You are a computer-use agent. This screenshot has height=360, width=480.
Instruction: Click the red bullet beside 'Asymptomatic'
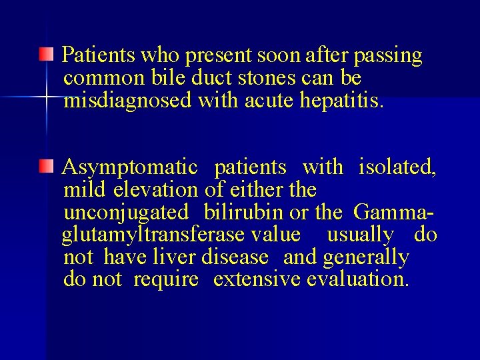pyautogui.click(x=45, y=165)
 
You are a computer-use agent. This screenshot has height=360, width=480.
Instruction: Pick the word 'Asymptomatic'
pyautogui.click(x=130, y=167)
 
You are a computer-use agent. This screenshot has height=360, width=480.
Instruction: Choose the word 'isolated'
pyautogui.click(x=397, y=167)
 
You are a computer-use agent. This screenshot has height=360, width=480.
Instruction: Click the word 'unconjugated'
pyautogui.click(x=126, y=213)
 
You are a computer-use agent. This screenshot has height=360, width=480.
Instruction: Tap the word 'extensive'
pyautogui.click(x=257, y=279)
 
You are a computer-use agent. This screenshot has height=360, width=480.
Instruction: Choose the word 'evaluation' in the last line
pyautogui.click(x=357, y=279)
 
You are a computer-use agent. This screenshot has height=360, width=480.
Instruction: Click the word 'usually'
pyautogui.click(x=360, y=235)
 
